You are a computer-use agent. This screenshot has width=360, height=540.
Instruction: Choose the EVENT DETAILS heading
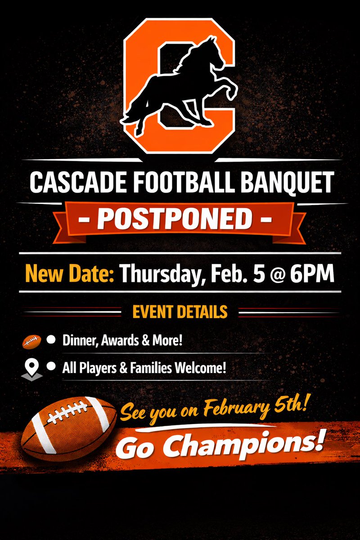pyautogui.click(x=180, y=311)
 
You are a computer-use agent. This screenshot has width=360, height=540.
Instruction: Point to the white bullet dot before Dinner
pyautogui.click(x=51, y=340)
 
